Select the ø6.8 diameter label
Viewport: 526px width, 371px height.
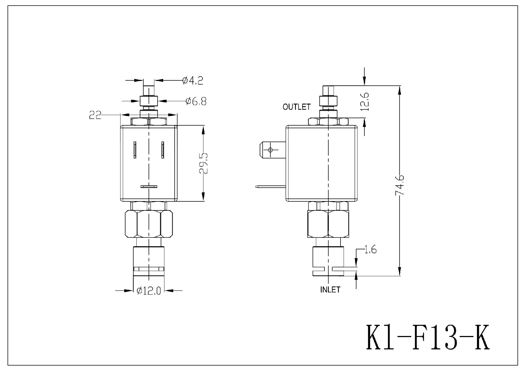(196, 101)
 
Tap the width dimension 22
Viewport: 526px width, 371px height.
(95, 115)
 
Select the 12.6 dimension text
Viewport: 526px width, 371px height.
(365, 102)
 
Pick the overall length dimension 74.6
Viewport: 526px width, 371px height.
(400, 185)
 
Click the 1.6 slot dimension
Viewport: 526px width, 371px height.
(370, 250)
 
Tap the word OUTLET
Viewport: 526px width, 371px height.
(297, 107)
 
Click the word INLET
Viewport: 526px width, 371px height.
(330, 290)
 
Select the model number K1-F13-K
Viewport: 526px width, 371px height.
(427, 338)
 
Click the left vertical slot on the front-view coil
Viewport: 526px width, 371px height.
(135, 150)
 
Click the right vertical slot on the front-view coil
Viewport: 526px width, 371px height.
(163, 150)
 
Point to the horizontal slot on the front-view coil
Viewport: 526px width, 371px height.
(149, 187)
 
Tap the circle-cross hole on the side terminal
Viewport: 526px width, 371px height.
(270, 150)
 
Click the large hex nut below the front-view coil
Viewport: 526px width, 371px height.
(149, 224)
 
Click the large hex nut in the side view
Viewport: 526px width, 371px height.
(328, 224)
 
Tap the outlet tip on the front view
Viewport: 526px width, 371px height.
(149, 91)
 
